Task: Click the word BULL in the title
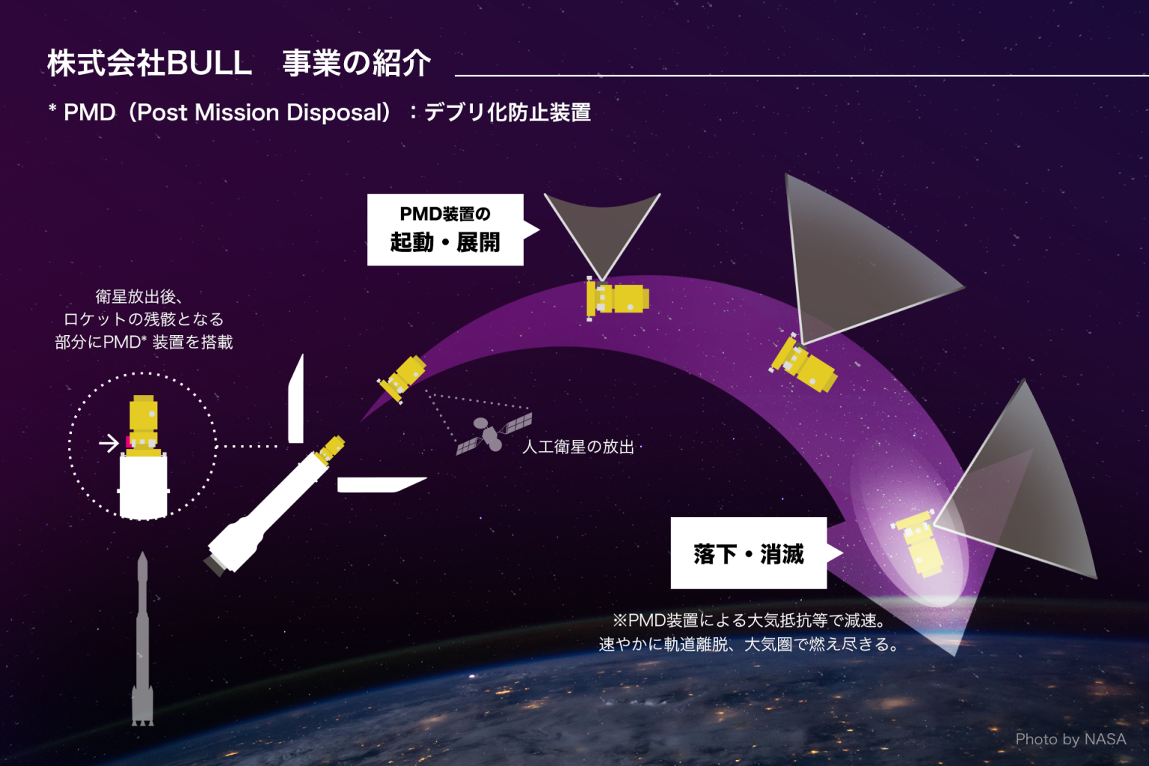(209, 63)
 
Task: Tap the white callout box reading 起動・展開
(445, 230)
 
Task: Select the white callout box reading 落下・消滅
(749, 553)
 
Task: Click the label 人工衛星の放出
(578, 447)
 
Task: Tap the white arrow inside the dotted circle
(108, 443)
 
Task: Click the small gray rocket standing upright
(143, 639)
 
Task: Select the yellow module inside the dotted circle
(143, 426)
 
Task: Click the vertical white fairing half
(296, 399)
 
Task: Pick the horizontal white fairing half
(382, 485)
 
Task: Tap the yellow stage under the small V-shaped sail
(618, 298)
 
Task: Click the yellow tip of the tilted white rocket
(331, 450)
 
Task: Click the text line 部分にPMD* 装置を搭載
(144, 342)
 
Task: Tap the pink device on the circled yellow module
(129, 442)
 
